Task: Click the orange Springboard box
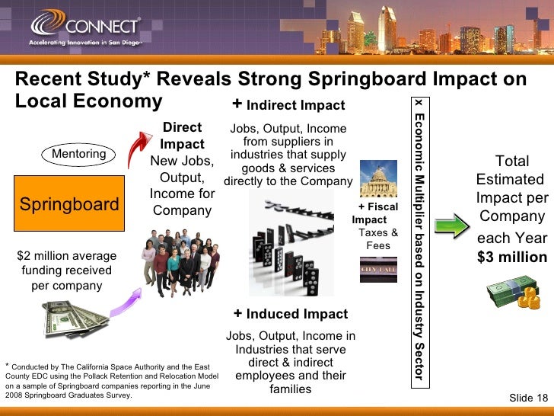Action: pyautogui.click(x=68, y=204)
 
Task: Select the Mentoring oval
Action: pyautogui.click(x=78, y=154)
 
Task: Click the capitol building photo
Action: pyautogui.click(x=378, y=178)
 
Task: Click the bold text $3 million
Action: pyautogui.click(x=512, y=257)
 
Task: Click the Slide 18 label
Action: pyautogui.click(x=528, y=398)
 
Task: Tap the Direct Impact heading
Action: pyautogui.click(x=183, y=136)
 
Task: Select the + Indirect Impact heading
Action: pyautogui.click(x=288, y=105)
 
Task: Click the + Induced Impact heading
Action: pyautogui.click(x=291, y=314)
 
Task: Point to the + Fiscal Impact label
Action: pyautogui.click(x=376, y=213)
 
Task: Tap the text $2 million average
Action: pyautogui.click(x=66, y=256)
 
